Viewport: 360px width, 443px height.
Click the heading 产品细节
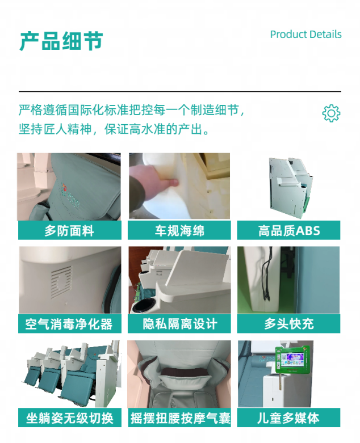pyautogui.click(x=61, y=41)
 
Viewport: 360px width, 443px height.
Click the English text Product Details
pyautogui.click(x=305, y=35)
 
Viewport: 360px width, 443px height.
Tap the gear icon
pyautogui.click(x=331, y=113)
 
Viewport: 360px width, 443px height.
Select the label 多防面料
pyautogui.click(x=69, y=231)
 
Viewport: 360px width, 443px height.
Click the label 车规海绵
pyautogui.click(x=179, y=231)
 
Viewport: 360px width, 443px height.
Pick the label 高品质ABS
pyautogui.click(x=288, y=231)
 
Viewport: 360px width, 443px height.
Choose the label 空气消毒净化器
pyautogui.click(x=69, y=324)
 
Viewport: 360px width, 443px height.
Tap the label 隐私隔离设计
pyautogui.click(x=180, y=324)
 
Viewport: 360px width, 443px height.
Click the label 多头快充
pyautogui.click(x=288, y=324)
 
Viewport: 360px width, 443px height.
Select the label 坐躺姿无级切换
pyautogui.click(x=70, y=418)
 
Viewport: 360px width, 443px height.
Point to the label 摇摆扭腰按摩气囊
pyautogui.click(x=180, y=418)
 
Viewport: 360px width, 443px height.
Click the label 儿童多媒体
pyautogui.click(x=288, y=418)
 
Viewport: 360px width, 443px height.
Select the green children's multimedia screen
pyautogui.click(x=292, y=360)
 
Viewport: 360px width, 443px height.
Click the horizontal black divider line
pyautogui.click(x=180, y=91)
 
